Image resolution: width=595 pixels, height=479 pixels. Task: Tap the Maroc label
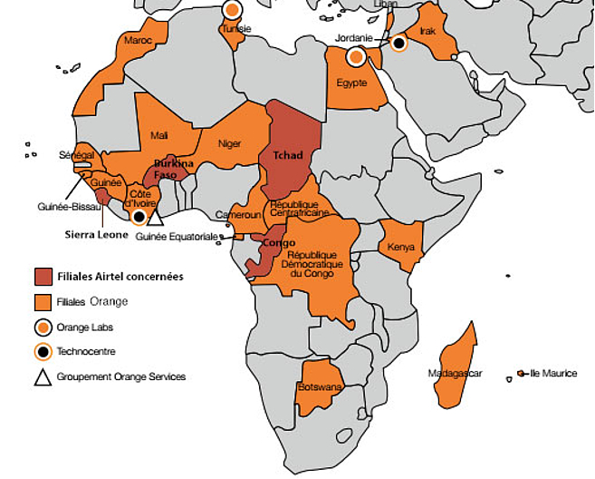(x=138, y=41)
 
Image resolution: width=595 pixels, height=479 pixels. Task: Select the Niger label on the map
(x=230, y=142)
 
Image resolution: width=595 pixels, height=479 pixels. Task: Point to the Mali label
(x=159, y=135)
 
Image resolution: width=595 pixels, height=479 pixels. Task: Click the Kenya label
(x=400, y=247)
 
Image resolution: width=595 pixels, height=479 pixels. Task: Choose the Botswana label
(x=320, y=387)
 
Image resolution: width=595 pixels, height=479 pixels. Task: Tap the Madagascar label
(x=456, y=373)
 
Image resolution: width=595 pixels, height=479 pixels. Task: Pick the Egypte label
(x=351, y=83)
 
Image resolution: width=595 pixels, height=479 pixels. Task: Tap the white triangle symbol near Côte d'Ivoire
(x=155, y=217)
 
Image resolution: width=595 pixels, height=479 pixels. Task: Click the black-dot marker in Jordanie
(x=398, y=42)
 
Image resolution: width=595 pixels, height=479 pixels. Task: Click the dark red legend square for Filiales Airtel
(x=43, y=276)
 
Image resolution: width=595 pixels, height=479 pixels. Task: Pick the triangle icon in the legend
(x=43, y=376)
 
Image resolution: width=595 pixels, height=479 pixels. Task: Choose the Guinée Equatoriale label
(x=178, y=236)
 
